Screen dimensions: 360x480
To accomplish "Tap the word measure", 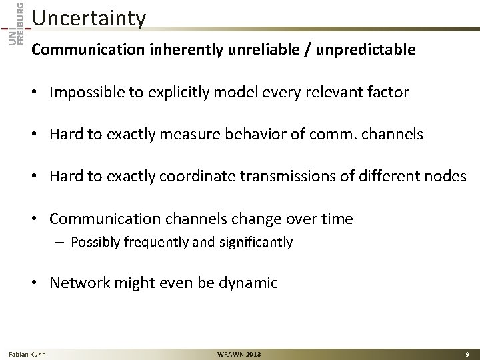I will (193, 135).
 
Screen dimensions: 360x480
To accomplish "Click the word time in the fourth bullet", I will (337, 219).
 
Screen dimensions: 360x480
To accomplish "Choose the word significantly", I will (255, 242).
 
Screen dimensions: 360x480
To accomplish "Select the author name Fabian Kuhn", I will (27, 353).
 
